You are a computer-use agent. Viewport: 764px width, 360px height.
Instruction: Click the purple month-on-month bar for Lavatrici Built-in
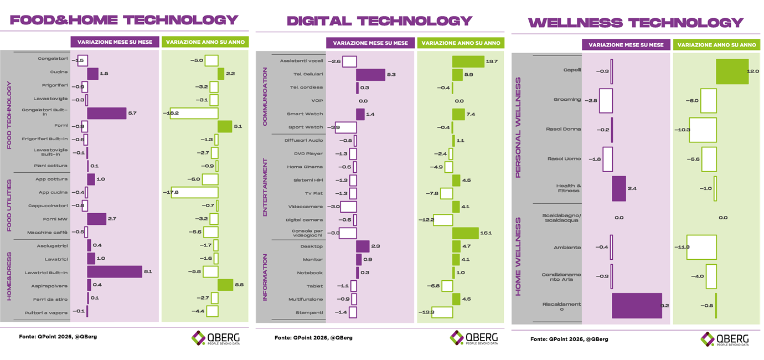tap(115, 272)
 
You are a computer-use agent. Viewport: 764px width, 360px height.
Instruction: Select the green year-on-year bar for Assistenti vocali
tap(468, 61)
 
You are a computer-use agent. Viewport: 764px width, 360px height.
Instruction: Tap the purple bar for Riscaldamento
tap(637, 306)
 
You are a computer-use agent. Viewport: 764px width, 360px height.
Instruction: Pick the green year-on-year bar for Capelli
tap(732, 71)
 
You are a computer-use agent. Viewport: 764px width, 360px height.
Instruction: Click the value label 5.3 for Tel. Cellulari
tap(391, 74)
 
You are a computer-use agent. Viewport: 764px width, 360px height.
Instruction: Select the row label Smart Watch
tap(304, 114)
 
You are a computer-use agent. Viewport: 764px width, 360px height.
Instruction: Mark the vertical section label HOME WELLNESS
tap(519, 256)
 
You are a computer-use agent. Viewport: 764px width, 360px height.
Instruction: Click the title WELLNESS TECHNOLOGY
tap(636, 23)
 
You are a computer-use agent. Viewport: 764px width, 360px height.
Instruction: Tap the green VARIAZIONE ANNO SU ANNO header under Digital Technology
tap(459, 43)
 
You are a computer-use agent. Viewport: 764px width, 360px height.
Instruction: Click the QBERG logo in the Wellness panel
tap(725, 339)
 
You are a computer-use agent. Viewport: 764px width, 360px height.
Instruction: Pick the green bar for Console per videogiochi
tap(465, 233)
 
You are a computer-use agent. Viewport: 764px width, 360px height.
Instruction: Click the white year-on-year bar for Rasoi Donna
tap(703, 129)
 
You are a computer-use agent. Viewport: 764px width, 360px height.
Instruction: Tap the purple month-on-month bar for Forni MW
tap(96, 219)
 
